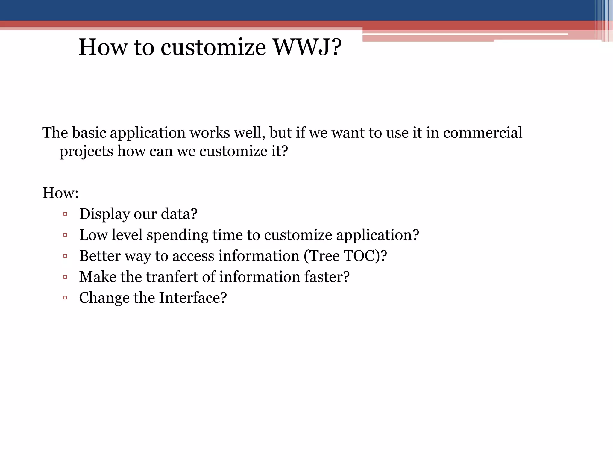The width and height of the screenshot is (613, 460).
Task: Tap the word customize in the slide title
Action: [213, 47]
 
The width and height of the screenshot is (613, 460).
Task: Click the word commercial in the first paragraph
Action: [482, 133]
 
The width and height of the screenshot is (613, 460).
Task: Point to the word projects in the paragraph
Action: [86, 151]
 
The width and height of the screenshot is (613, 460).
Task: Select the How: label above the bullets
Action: [60, 193]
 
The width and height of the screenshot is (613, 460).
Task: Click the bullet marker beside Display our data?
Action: [65, 214]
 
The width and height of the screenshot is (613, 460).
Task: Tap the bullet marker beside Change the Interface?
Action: [65, 298]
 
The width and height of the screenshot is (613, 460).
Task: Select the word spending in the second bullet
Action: [177, 235]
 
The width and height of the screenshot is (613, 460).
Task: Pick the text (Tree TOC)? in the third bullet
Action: [345, 256]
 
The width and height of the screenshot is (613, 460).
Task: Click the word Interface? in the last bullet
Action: [193, 298]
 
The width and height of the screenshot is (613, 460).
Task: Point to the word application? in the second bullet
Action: [377, 235]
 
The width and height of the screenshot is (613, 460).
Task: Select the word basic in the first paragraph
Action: [89, 133]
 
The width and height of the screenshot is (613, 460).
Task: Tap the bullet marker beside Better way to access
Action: [65, 256]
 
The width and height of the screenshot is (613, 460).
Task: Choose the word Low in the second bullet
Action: [93, 235]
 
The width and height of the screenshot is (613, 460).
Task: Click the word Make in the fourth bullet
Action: [98, 277]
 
